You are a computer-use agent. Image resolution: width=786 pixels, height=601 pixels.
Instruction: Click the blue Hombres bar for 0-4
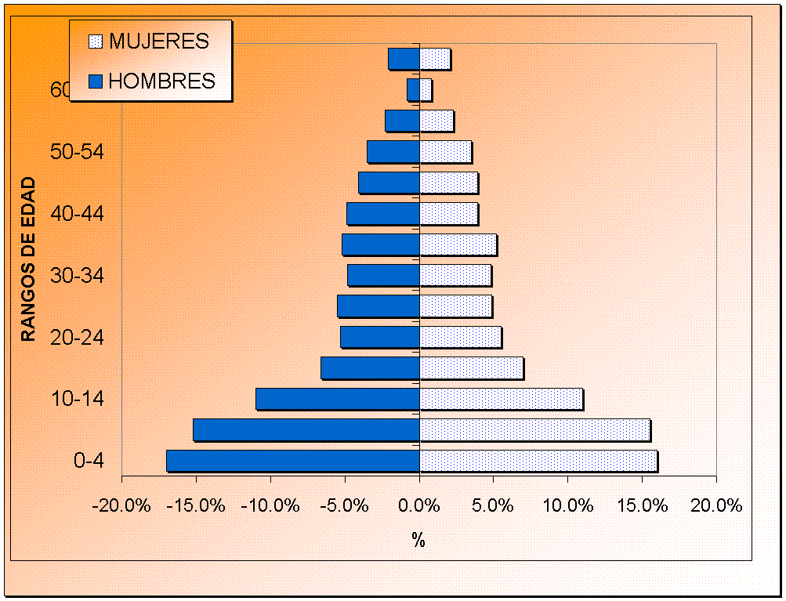292,461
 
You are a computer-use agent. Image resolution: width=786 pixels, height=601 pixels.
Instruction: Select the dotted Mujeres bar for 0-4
538,461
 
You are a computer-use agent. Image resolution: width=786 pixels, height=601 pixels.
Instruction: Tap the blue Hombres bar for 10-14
337,399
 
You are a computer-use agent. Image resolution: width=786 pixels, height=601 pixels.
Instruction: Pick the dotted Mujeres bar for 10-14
501,399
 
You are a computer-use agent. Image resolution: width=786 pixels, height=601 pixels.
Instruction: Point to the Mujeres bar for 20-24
460,337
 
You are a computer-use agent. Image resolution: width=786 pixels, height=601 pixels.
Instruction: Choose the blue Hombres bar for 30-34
383,275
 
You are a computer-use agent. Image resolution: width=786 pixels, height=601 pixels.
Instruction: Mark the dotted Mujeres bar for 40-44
448,213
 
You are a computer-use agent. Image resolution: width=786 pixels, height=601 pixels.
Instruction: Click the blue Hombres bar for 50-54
393,151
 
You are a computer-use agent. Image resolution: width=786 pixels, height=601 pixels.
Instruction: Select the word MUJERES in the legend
159,41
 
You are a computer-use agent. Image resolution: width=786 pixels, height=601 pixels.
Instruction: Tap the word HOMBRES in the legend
161,81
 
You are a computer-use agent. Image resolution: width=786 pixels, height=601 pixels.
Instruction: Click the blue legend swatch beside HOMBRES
96,81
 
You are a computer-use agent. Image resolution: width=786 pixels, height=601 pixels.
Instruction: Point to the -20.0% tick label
121,505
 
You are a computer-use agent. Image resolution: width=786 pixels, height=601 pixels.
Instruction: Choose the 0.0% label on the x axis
419,505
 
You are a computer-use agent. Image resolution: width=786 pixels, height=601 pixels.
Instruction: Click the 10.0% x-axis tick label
568,505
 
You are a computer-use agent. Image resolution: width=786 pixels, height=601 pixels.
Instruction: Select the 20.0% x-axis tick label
716,505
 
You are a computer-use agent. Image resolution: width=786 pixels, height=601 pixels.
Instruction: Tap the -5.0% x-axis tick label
345,505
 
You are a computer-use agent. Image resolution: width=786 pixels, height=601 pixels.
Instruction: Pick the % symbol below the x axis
418,540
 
